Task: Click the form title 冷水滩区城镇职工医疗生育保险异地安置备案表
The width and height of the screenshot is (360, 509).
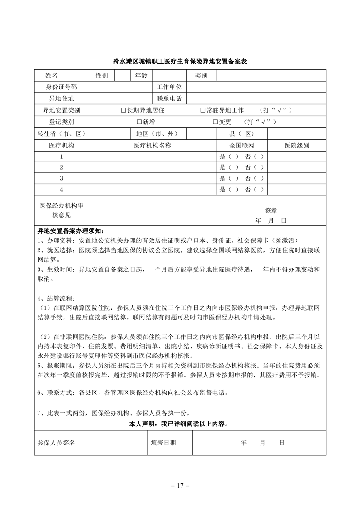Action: click(180, 62)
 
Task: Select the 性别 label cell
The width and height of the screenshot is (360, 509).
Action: click(101, 75)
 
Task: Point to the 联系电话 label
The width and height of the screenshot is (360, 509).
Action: click(169, 98)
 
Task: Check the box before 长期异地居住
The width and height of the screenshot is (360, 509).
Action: click(123, 110)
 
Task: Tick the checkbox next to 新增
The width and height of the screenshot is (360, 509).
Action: click(139, 122)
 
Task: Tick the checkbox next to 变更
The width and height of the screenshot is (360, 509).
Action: click(215, 122)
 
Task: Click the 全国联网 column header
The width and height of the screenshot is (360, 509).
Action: click(242, 146)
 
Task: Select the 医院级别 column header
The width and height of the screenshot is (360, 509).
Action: click(297, 146)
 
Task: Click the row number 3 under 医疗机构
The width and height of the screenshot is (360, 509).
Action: click(61, 178)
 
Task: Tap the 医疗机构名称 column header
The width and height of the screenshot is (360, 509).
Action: click(152, 146)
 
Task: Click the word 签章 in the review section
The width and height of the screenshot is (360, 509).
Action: click(271, 210)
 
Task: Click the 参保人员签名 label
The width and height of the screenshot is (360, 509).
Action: click(56, 442)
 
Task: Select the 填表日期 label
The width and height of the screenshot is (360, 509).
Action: click(163, 442)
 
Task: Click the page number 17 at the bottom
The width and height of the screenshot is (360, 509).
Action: click(180, 485)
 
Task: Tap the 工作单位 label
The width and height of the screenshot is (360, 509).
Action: click(169, 87)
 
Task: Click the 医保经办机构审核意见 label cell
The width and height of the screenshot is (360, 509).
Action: click(62, 210)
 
